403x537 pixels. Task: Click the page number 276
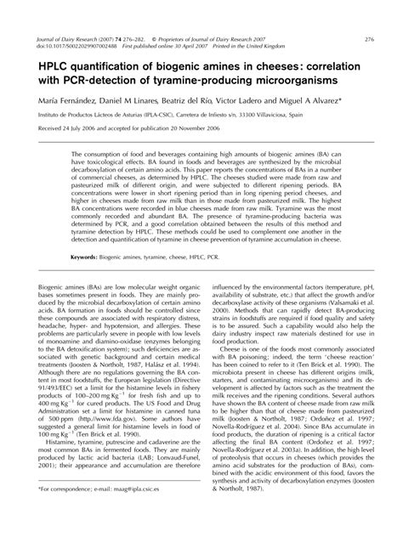pos(369,40)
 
